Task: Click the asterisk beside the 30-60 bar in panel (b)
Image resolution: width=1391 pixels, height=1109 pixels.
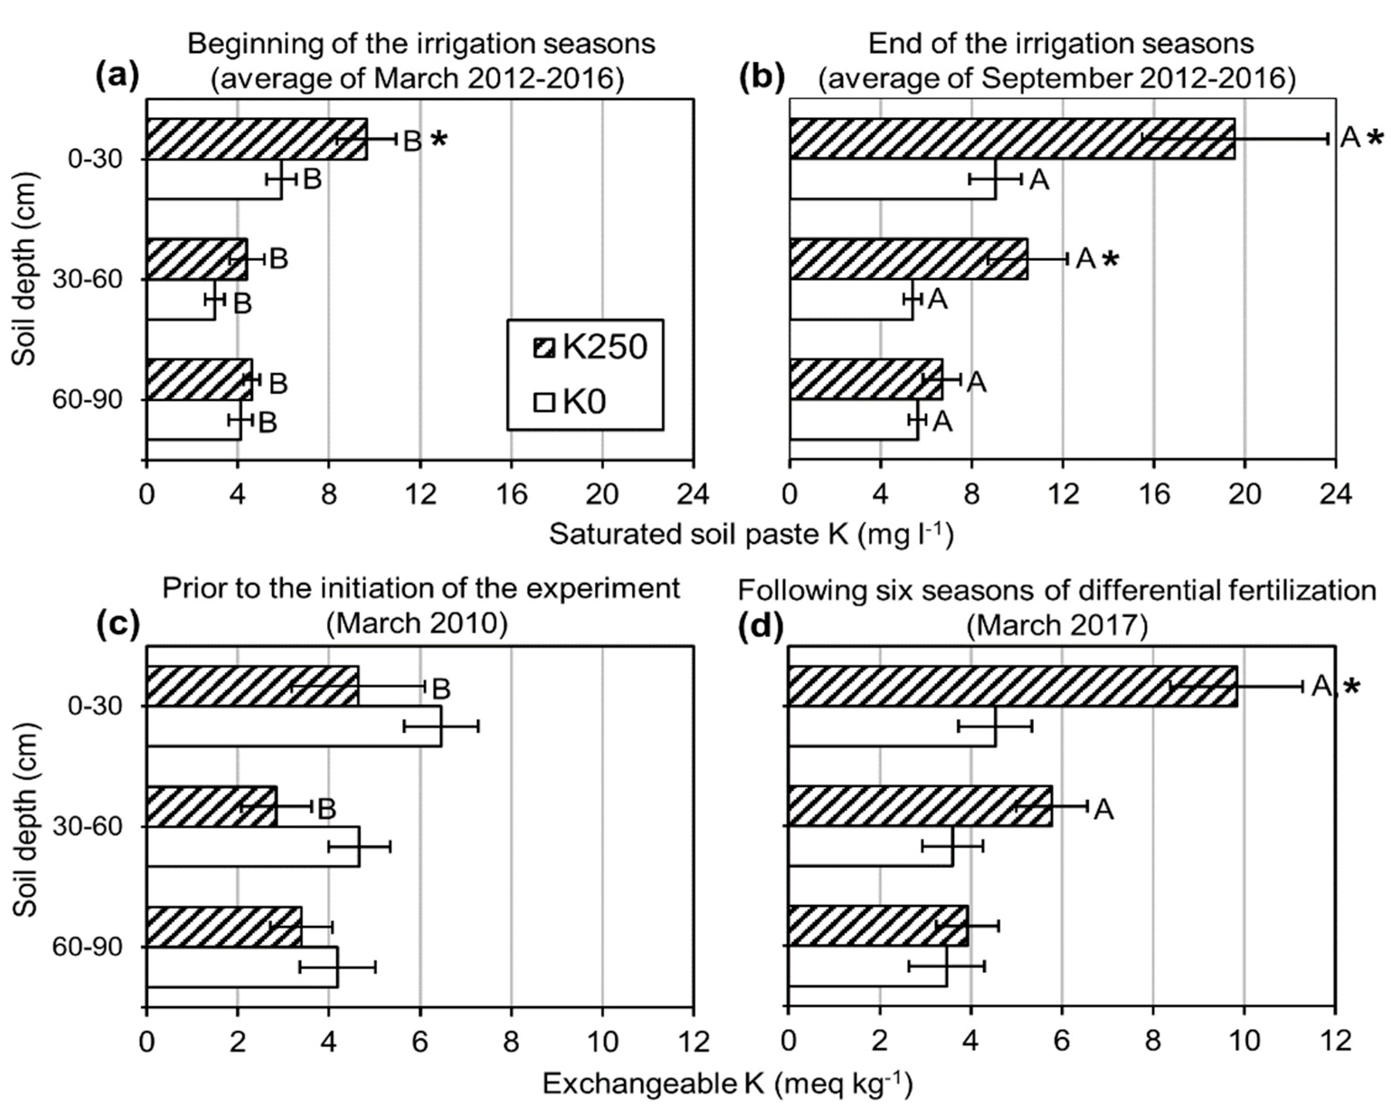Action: coord(1111,260)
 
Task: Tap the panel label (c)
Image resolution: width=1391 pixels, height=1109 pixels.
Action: coord(118,625)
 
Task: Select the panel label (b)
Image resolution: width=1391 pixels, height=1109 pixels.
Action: coord(762,77)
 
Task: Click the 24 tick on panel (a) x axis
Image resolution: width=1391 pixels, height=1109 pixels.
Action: coord(693,495)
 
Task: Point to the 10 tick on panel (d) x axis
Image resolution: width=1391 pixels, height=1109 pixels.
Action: coord(1244,1043)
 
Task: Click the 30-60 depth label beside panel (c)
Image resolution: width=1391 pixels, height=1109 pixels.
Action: coord(87,827)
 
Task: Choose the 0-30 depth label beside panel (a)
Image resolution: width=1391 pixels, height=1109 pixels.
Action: coord(95,159)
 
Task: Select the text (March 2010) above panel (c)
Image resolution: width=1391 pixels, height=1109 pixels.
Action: coord(418,624)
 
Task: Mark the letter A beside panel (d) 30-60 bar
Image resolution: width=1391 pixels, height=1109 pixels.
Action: coord(1104,809)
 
